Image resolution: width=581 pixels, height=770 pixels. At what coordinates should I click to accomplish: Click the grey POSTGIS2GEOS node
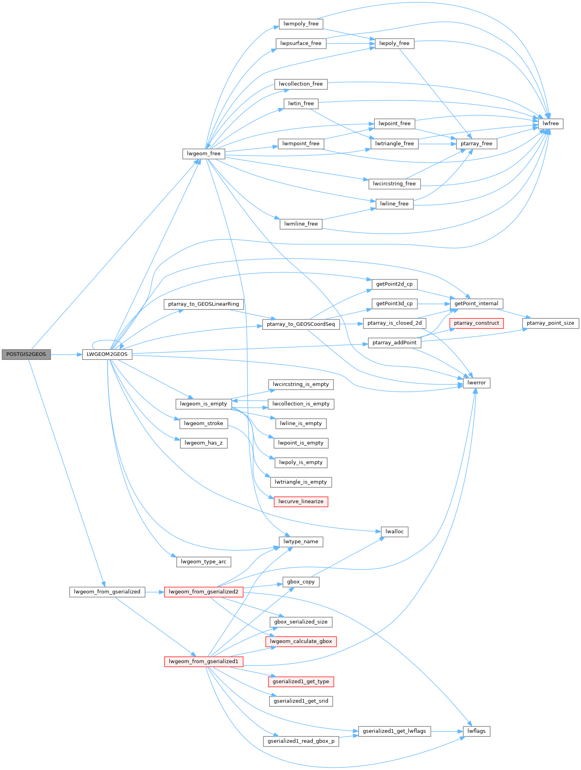[x=26, y=354]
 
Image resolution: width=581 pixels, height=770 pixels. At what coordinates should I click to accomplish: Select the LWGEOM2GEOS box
[x=107, y=354]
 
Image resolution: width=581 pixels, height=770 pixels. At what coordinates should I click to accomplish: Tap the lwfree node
[x=551, y=124]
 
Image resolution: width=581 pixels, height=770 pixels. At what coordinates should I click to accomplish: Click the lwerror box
[x=476, y=383]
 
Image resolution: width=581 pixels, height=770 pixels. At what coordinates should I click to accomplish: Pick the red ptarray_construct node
[x=476, y=323]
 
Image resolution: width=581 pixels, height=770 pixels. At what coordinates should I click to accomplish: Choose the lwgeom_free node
[x=204, y=154]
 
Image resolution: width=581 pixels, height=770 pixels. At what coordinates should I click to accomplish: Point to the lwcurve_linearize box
[x=301, y=502]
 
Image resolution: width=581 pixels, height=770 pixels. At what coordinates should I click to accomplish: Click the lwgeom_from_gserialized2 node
[x=203, y=592]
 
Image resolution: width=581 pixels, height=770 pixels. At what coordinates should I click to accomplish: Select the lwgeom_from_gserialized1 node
[x=203, y=662]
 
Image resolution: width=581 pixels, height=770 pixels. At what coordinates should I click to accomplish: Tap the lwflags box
[x=476, y=731]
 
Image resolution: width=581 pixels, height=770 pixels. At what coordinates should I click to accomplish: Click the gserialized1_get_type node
[x=301, y=682]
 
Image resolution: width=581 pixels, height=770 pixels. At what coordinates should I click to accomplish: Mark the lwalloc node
[x=394, y=532]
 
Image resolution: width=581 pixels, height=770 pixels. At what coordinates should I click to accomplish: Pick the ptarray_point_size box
[x=550, y=323]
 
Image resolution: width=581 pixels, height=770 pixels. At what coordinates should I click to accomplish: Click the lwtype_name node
[x=301, y=542]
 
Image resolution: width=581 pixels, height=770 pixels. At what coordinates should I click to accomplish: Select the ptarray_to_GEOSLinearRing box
[x=203, y=304]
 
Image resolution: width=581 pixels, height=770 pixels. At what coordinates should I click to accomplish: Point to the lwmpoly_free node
[x=301, y=24]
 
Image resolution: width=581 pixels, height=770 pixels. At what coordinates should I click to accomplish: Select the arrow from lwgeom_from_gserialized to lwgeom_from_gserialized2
[x=155, y=592]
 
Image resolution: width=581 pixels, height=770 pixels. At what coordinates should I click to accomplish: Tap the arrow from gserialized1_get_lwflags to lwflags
[x=447, y=731]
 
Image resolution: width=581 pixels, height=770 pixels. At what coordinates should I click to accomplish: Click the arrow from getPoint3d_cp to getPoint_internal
[x=433, y=304]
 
